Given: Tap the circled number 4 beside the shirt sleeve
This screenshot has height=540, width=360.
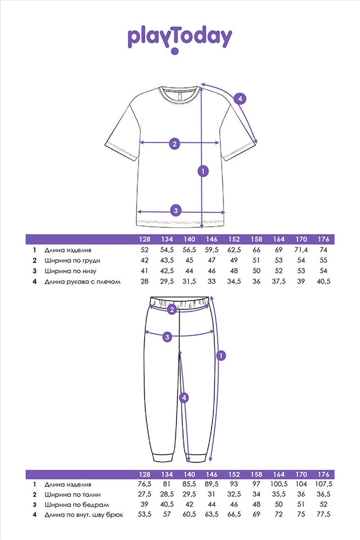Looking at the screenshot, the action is pos(240,99).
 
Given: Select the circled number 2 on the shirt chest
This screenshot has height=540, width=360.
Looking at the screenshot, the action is pos(174,143).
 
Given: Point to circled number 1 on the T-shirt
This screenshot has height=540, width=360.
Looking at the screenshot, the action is pos(203,171).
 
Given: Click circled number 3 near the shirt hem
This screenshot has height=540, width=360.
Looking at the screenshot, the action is pos(175,210).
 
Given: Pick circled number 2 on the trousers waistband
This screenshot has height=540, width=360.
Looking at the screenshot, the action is pos(172,309).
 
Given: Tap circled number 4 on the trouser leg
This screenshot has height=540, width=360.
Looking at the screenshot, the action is pos(184,398).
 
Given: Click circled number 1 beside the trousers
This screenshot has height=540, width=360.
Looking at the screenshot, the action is pos(221,355).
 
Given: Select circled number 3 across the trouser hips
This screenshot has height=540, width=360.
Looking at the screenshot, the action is pos(167,337).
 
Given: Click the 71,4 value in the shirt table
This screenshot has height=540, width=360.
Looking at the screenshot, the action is pos(301,250).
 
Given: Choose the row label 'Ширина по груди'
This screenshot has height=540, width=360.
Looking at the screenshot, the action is pos(72,261).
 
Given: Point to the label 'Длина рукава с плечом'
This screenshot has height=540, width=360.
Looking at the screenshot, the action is pos(83,282).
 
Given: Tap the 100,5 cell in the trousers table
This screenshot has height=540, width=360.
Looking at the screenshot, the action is pos(279,484).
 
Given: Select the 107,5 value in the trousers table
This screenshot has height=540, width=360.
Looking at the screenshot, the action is pos(323,484).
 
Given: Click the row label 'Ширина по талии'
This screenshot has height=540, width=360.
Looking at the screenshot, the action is pos(73,495).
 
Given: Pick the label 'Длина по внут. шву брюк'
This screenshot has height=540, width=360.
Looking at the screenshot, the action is pos(84,515).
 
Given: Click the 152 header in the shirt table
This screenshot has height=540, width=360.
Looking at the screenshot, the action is pos(234,239).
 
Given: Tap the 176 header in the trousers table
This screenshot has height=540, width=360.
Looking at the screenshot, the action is pos(323,474).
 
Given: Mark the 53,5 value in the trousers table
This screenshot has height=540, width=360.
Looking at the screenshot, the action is pos(145,515).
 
